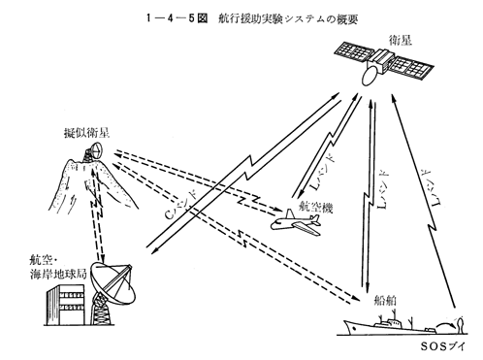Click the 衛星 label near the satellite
(401, 41)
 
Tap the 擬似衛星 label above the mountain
(86, 133)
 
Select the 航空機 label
(316, 208)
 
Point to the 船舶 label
(385, 301)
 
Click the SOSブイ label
(442, 346)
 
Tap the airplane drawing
(295, 222)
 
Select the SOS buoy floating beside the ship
(460, 326)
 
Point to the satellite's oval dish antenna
(370, 76)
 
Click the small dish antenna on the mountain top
(96, 150)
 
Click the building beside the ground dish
(66, 305)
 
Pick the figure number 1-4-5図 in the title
(177, 18)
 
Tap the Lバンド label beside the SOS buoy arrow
(433, 187)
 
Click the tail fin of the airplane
(289, 213)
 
